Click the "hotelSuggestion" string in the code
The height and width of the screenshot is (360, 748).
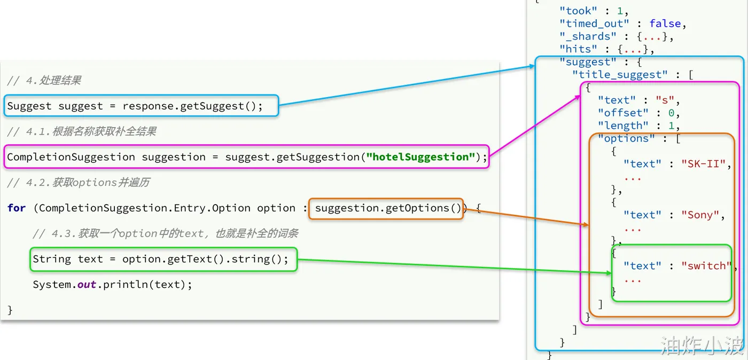tap(420, 157)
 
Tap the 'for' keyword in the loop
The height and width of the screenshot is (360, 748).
tap(17, 208)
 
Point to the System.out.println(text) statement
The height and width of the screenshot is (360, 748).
tap(112, 284)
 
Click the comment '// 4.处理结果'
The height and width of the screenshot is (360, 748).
tap(44, 81)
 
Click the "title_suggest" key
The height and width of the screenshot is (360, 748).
tap(620, 75)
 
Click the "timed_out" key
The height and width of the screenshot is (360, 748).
tap(591, 24)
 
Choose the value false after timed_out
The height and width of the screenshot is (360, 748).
tap(665, 24)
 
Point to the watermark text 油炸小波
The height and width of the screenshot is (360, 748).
tap(702, 346)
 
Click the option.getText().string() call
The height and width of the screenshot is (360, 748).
tap(205, 259)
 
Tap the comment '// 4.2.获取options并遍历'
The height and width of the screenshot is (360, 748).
tap(78, 183)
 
